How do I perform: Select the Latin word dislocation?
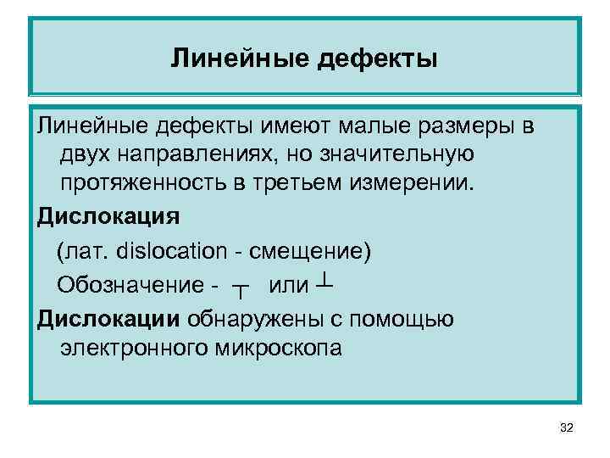[174, 252]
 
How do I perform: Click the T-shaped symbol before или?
[240, 289]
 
